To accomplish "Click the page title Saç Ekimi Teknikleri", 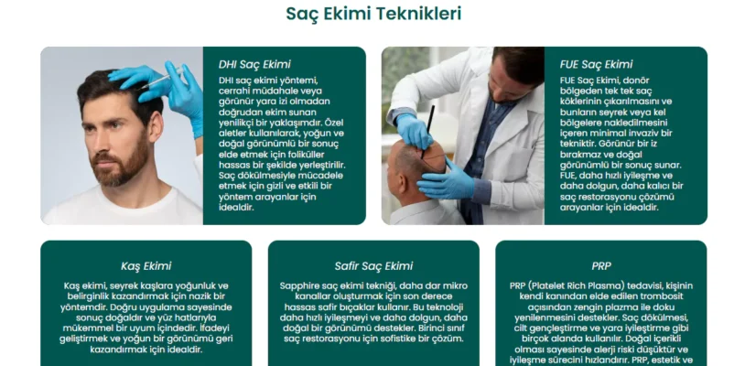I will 372,14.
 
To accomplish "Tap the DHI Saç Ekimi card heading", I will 254,64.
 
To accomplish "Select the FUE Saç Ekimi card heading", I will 596,64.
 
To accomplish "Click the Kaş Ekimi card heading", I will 146,266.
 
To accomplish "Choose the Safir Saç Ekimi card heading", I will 372,266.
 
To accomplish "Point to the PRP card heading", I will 600,266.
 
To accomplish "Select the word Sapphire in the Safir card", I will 301,285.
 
